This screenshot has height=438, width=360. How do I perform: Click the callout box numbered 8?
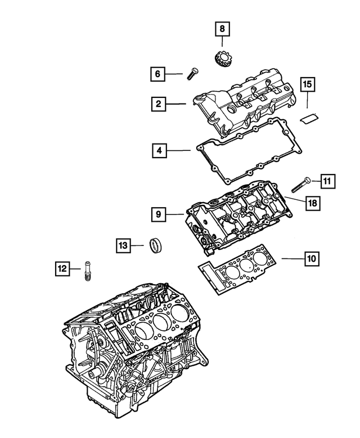pyautogui.click(x=222, y=28)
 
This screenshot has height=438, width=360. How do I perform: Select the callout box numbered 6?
pyautogui.click(x=158, y=73)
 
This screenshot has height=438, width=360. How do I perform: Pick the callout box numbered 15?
pyautogui.click(x=307, y=85)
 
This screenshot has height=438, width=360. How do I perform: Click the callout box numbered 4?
pyautogui.click(x=160, y=150)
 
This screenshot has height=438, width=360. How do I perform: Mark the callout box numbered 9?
pyautogui.click(x=159, y=214)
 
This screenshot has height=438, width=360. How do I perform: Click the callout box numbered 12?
pyautogui.click(x=63, y=270)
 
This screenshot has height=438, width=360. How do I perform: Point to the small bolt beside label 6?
pyautogui.click(x=192, y=73)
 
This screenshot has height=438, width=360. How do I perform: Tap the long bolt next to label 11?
pyautogui.click(x=301, y=185)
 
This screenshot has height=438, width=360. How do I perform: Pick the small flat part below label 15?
pyautogui.click(x=309, y=117)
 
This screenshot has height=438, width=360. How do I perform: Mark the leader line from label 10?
pyautogui.click(x=292, y=258)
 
